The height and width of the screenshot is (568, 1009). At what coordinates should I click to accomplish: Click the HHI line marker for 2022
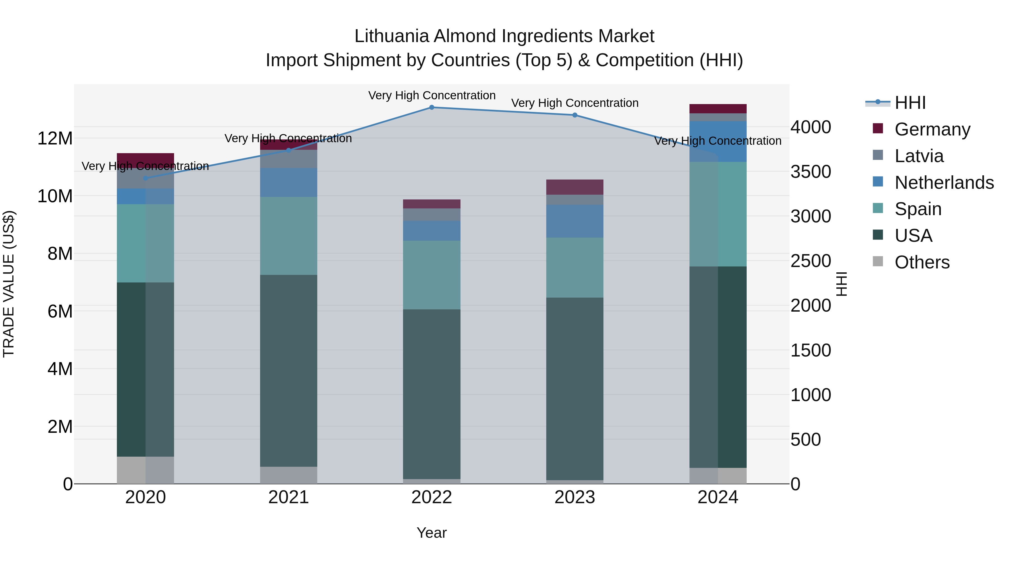(432, 107)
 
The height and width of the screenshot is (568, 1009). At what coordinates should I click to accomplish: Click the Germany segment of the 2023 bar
(575, 187)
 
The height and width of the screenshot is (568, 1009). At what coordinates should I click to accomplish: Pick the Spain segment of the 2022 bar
(432, 275)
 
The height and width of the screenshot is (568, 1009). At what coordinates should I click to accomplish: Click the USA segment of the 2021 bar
(289, 371)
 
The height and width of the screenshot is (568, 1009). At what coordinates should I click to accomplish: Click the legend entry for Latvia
(918, 156)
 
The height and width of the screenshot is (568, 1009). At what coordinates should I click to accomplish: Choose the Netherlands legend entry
(944, 183)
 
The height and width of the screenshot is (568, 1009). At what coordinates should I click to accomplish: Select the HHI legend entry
(910, 103)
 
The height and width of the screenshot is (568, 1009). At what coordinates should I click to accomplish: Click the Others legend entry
(922, 262)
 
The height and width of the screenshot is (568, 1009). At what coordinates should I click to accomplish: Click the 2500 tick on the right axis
(810, 261)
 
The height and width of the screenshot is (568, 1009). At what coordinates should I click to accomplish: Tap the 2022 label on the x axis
(432, 497)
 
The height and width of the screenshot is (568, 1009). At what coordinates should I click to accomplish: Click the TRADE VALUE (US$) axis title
(9, 284)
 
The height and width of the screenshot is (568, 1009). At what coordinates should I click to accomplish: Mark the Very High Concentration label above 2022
(432, 96)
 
